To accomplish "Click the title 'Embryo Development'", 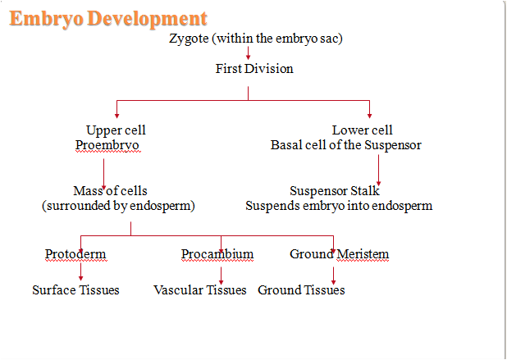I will (x=107, y=17).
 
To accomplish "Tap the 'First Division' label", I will (x=254, y=69).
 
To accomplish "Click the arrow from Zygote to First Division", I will (x=249, y=53).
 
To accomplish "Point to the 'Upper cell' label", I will (x=116, y=130).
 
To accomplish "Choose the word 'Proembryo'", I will (x=107, y=145).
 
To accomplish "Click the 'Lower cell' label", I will (x=362, y=130).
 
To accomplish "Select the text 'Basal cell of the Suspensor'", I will (x=346, y=145).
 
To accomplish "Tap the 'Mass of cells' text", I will (x=110, y=191).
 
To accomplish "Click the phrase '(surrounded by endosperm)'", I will (x=118, y=206).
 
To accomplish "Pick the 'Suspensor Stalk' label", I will (x=335, y=191).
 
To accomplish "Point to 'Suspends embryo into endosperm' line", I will (x=338, y=206).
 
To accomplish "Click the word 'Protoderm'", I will (x=75, y=254).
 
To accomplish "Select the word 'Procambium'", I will (x=217, y=254).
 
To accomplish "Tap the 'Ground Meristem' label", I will (x=339, y=254).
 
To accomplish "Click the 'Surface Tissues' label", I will (x=75, y=290).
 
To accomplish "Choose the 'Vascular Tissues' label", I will (x=200, y=290).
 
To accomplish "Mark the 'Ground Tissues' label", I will (x=301, y=290).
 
